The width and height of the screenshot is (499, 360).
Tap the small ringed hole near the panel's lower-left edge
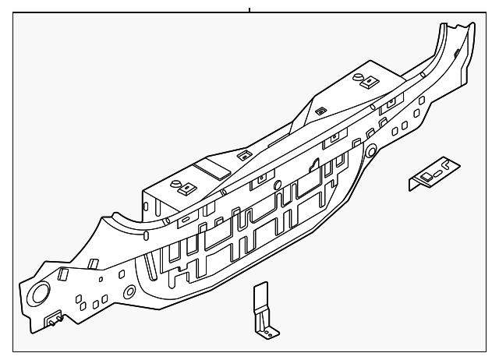[x=129, y=293]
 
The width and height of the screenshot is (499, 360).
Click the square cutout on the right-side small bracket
[x=427, y=178]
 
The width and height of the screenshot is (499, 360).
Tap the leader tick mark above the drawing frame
[x=249, y=9]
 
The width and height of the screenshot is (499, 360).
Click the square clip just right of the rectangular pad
[x=243, y=154]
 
